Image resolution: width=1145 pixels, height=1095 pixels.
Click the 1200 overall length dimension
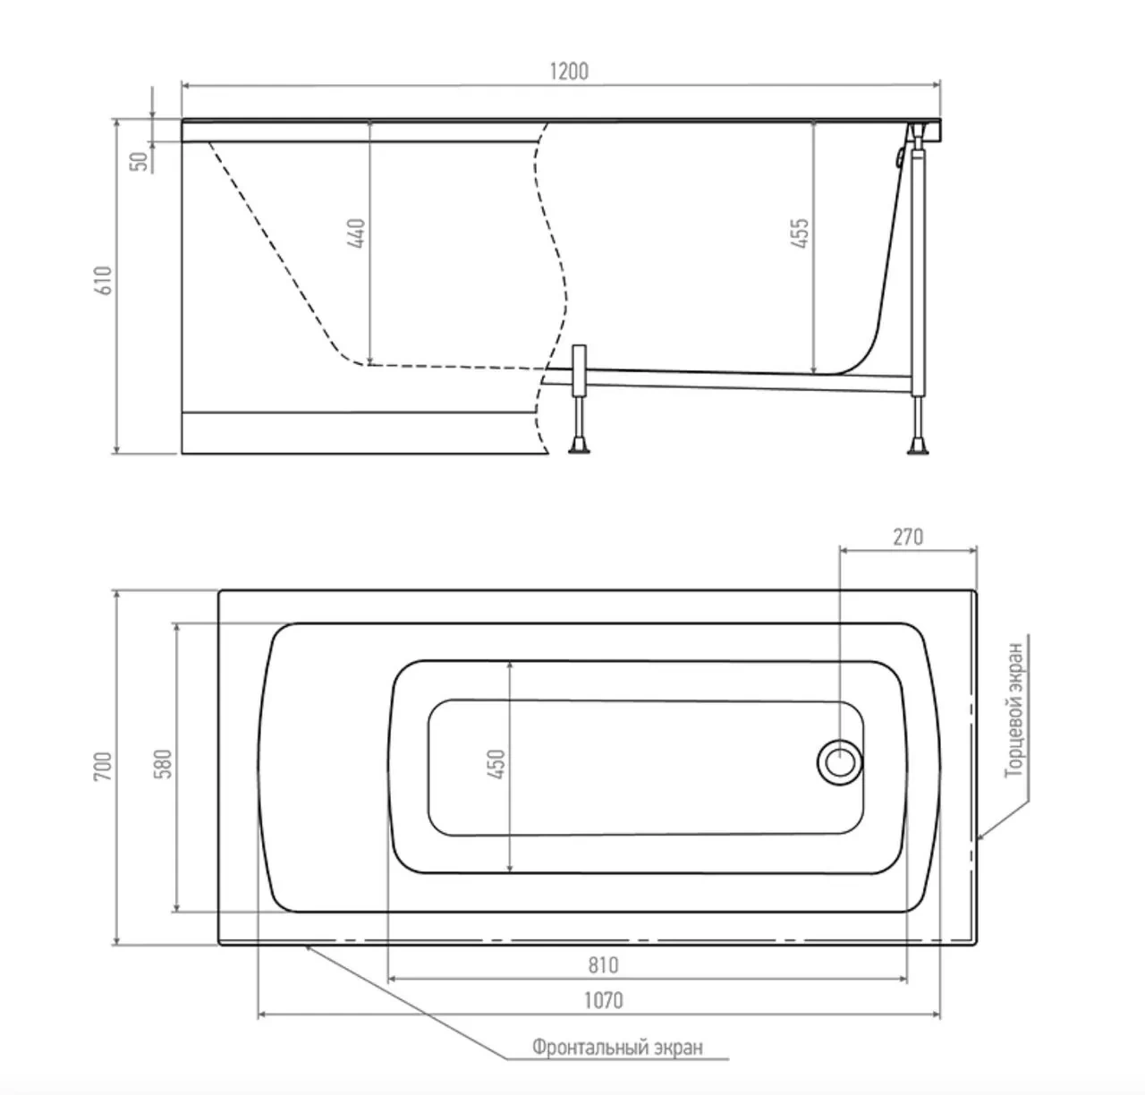569,72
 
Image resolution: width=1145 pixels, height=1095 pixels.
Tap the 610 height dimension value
104,280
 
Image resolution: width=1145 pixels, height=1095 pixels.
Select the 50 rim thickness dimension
140,161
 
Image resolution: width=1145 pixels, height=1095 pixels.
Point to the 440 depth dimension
357,233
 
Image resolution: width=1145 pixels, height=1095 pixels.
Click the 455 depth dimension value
801,233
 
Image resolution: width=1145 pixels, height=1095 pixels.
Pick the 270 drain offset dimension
908,537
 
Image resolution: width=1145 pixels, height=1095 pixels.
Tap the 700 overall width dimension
103,766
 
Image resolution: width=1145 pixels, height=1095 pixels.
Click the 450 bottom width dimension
496,764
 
